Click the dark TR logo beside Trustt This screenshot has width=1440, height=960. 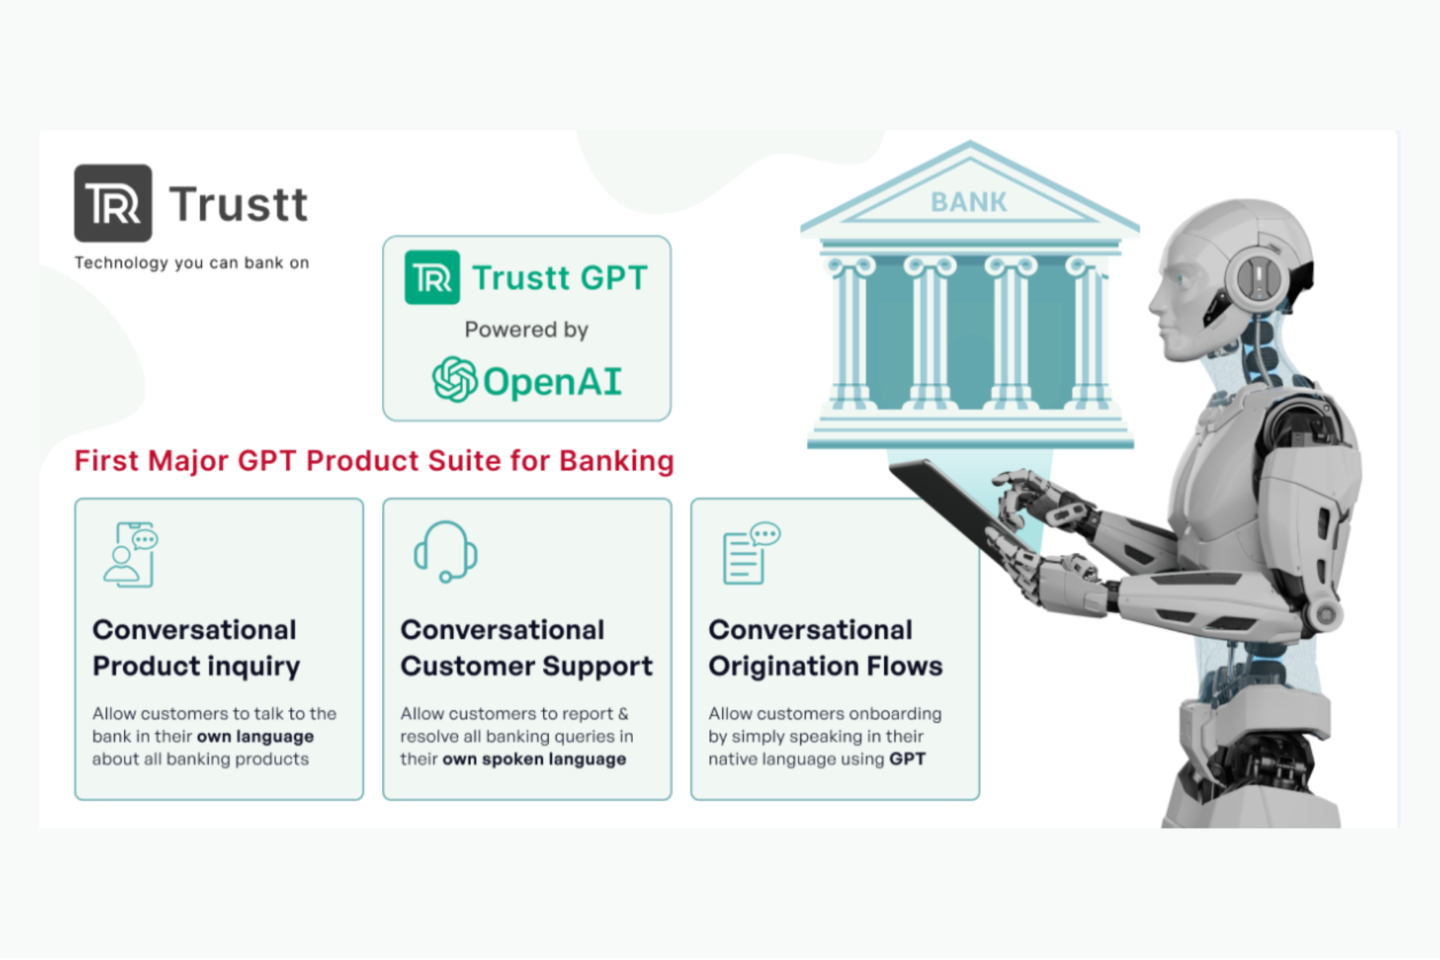click(113, 203)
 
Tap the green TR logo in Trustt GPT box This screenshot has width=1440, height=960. click(432, 277)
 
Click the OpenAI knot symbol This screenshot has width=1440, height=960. click(454, 380)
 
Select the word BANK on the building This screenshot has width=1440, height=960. click(968, 202)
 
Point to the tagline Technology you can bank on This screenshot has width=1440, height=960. click(192, 263)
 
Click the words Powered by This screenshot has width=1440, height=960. click(526, 330)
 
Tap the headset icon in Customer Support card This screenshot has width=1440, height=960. click(446, 552)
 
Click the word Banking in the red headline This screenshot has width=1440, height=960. click(616, 461)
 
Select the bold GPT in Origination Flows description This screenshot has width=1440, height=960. click(906, 759)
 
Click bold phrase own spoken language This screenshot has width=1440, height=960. click(534, 759)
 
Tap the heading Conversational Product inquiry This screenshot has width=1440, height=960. click(196, 647)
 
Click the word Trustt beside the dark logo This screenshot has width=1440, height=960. click(238, 204)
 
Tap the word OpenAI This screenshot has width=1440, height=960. click(552, 382)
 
